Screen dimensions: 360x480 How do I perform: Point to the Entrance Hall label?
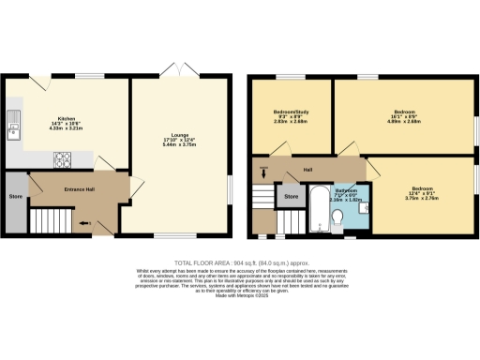click(x=80, y=190)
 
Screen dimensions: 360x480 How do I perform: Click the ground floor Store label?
click(x=15, y=197)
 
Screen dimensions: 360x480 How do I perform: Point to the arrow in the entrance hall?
click(x=87, y=223)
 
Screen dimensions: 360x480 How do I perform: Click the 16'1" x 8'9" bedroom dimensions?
click(x=404, y=121)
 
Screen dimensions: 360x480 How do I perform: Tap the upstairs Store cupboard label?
click(x=292, y=197)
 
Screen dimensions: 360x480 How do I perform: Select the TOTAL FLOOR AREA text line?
click(x=240, y=262)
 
